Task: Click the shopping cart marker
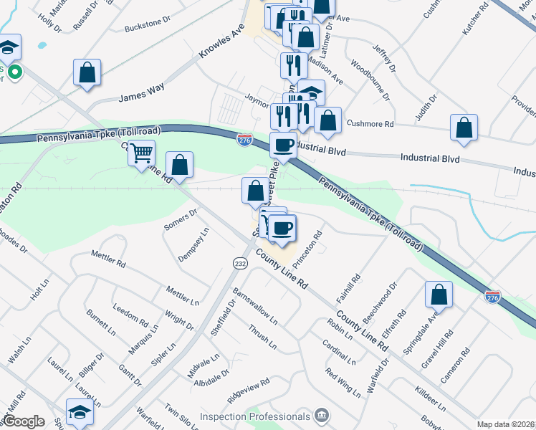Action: pos(142,152)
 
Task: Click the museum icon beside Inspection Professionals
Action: pos(322,416)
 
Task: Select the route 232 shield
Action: pos(239,264)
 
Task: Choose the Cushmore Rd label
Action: pos(370,123)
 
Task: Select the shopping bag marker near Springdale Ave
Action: pos(439,294)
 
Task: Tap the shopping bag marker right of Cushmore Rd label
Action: pos(464,127)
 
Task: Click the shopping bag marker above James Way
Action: pos(87,72)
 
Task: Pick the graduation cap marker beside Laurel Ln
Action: pos(80,411)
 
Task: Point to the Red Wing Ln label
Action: pos(343,383)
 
